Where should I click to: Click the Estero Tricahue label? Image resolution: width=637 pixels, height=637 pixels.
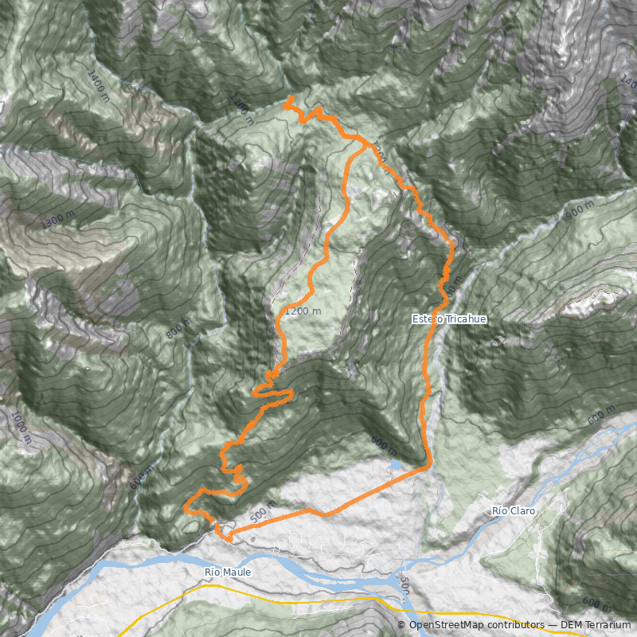click(448, 318)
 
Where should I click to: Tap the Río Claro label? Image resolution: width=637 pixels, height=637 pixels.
click(514, 510)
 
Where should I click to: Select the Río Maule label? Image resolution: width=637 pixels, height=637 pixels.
click(228, 572)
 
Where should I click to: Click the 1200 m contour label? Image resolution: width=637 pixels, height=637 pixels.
click(303, 311)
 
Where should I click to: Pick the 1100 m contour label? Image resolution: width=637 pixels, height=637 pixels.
click(241, 109)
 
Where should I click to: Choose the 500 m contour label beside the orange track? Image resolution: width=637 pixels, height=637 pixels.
click(262, 511)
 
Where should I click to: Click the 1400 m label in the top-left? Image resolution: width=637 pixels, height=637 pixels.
click(98, 85)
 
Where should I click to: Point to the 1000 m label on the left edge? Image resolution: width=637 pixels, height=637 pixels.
click(21, 427)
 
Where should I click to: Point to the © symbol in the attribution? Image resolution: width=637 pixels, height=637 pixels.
click(404, 626)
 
